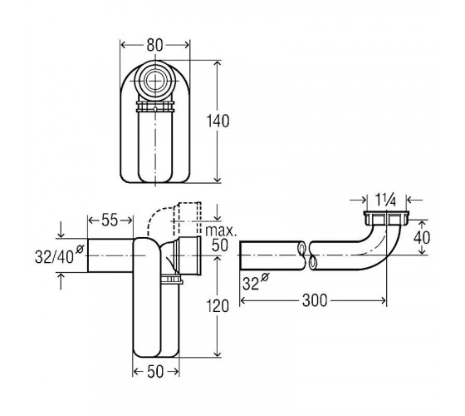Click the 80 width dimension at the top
154,45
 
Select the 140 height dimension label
218,121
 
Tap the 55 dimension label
110,220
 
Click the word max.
221,231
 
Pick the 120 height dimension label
218,306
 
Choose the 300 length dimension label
315,300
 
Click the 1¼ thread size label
385,200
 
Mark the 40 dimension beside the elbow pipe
422,237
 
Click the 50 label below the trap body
155,372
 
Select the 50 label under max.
220,245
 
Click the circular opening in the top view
154,82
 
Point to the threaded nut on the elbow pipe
386,218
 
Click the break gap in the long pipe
307,255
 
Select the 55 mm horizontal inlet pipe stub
110,255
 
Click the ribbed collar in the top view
154,106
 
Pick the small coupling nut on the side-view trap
172,280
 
